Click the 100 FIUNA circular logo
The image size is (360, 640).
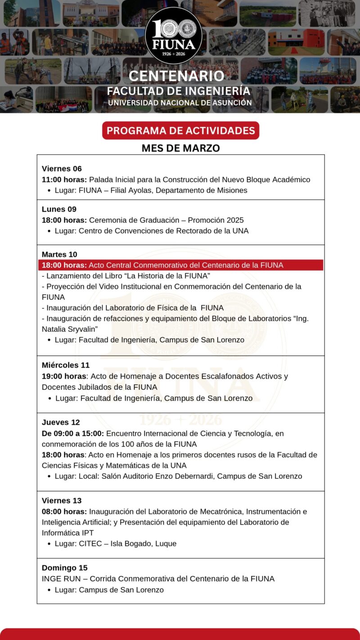click(174, 35)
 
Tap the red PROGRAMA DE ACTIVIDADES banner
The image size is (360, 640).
click(180, 131)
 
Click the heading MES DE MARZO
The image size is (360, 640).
click(180, 148)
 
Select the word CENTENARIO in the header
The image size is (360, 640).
click(176, 76)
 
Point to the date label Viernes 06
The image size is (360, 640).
click(62, 169)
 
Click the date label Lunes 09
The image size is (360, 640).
click(59, 209)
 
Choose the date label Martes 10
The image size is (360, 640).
click(59, 254)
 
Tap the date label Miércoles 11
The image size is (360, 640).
click(66, 365)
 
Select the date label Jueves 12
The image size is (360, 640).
click(61, 422)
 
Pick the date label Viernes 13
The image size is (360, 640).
click(62, 500)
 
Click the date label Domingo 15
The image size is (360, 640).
click(65, 568)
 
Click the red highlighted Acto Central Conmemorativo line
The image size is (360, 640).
click(180, 265)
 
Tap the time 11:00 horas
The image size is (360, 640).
click(64, 180)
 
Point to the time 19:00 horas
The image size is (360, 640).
click(64, 376)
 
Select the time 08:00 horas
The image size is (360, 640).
click(64, 512)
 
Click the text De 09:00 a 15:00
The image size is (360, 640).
click(73, 433)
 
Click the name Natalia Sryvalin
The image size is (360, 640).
click(70, 329)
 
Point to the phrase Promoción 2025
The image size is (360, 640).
click(216, 220)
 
